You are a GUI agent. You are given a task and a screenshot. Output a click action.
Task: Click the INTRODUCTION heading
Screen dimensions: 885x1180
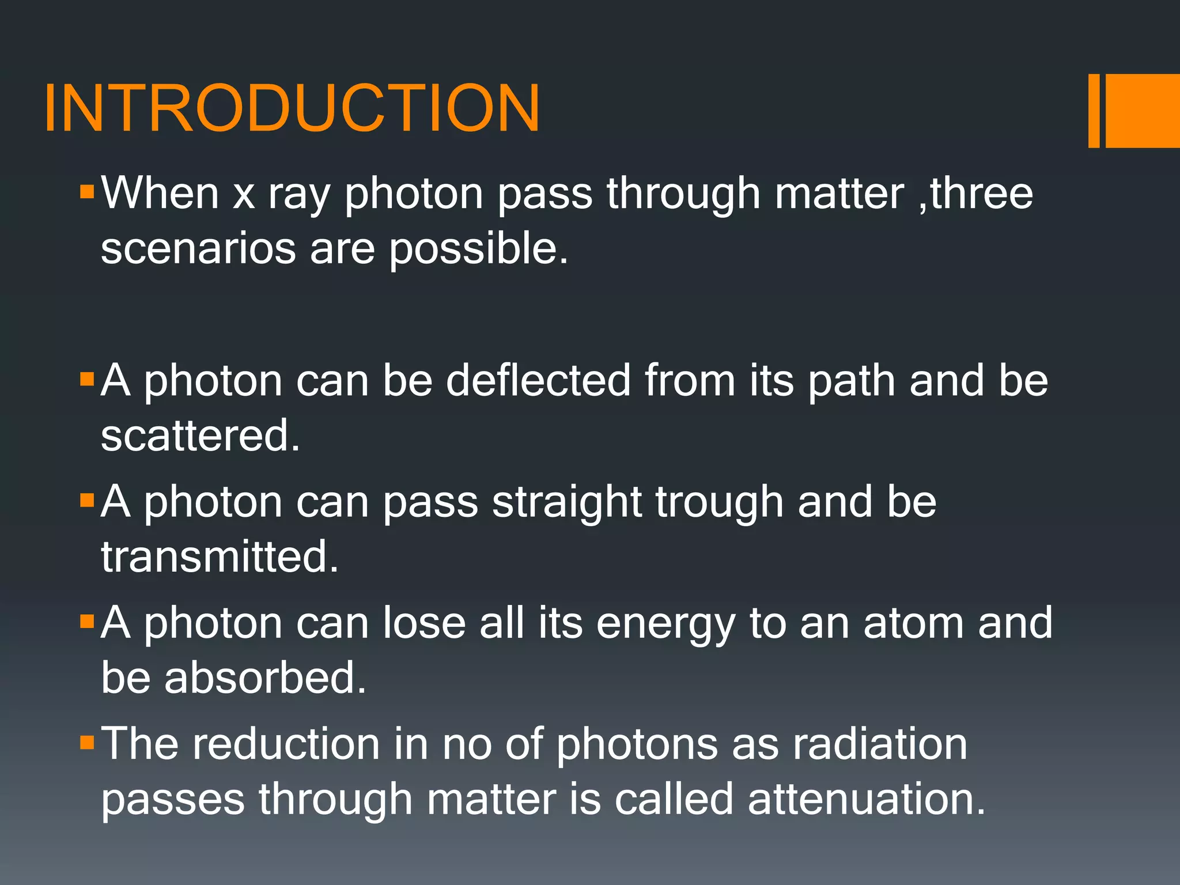292,108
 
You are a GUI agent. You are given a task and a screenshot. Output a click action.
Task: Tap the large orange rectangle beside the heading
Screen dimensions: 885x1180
1143,111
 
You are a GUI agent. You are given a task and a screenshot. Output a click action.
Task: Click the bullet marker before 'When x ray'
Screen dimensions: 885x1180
87,192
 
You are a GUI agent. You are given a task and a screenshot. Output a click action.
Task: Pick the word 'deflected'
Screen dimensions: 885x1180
538,380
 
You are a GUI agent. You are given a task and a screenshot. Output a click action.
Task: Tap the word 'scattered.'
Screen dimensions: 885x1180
201,436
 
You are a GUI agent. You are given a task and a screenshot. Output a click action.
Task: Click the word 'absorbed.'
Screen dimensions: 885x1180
265,678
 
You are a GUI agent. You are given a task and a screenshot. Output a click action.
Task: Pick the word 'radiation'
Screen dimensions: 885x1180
880,744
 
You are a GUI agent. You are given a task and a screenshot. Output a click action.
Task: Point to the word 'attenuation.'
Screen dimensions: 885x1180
867,800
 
